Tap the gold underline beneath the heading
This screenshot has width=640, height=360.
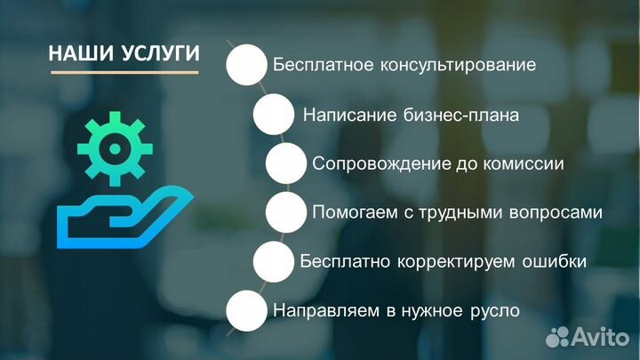coord(124,73)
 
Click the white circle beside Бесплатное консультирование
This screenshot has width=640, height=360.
coord(247,66)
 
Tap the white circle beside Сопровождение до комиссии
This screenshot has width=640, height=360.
coord(287,164)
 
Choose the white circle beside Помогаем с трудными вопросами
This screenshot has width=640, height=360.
coord(287,212)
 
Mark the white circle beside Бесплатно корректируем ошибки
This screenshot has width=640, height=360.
coord(274,262)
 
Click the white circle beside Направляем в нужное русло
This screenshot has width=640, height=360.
coord(247,311)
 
